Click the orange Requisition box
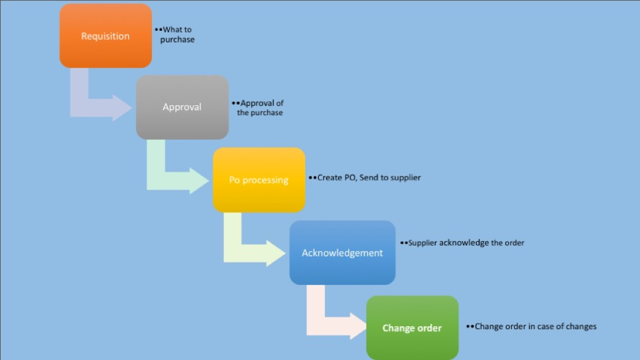[x=106, y=36]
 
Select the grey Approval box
[x=182, y=107]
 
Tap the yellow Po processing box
[x=259, y=180]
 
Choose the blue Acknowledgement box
[x=342, y=252]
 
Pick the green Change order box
[x=412, y=327]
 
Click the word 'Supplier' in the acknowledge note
[x=423, y=243]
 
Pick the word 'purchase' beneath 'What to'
[x=177, y=40]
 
